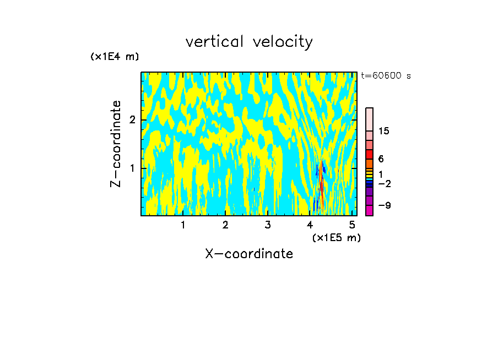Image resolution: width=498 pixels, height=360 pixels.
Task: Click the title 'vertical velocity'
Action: [249, 42]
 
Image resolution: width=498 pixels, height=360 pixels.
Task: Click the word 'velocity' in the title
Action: [282, 42]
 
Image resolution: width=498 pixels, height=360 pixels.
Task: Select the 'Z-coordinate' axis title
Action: [116, 144]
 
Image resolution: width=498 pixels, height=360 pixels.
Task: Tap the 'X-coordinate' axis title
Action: [249, 254]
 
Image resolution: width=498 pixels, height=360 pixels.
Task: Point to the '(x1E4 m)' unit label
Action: [115, 57]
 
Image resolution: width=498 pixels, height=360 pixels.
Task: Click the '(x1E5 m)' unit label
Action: [336, 237]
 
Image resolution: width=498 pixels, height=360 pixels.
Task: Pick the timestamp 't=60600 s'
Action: [386, 76]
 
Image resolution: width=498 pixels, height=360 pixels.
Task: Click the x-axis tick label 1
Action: [183, 225]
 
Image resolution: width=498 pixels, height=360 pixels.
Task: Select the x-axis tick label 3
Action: [268, 225]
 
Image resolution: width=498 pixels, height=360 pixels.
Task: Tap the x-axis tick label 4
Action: [310, 225]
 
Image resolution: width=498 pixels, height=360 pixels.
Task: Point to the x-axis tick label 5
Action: [353, 225]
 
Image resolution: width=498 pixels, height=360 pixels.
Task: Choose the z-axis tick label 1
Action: [131, 167]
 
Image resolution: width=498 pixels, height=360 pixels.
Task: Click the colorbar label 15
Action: [384, 131]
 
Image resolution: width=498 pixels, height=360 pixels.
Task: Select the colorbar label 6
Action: [381, 159]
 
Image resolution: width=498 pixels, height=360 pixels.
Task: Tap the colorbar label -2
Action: [384, 183]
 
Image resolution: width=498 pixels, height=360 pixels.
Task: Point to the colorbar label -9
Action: [384, 205]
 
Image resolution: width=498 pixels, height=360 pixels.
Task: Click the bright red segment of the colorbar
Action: [369, 154]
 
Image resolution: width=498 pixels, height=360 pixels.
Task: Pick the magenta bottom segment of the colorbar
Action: [369, 210]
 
